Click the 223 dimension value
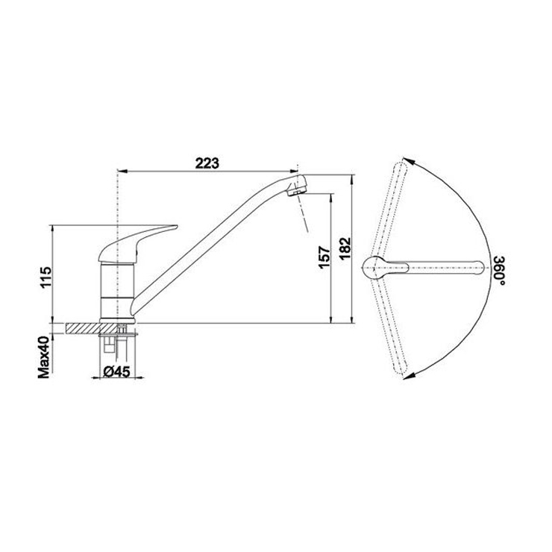click(x=207, y=163)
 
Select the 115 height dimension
click(x=46, y=278)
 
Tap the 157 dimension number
click(x=324, y=257)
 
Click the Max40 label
click(x=44, y=357)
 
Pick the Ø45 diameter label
click(x=117, y=371)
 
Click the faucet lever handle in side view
click(x=137, y=244)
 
